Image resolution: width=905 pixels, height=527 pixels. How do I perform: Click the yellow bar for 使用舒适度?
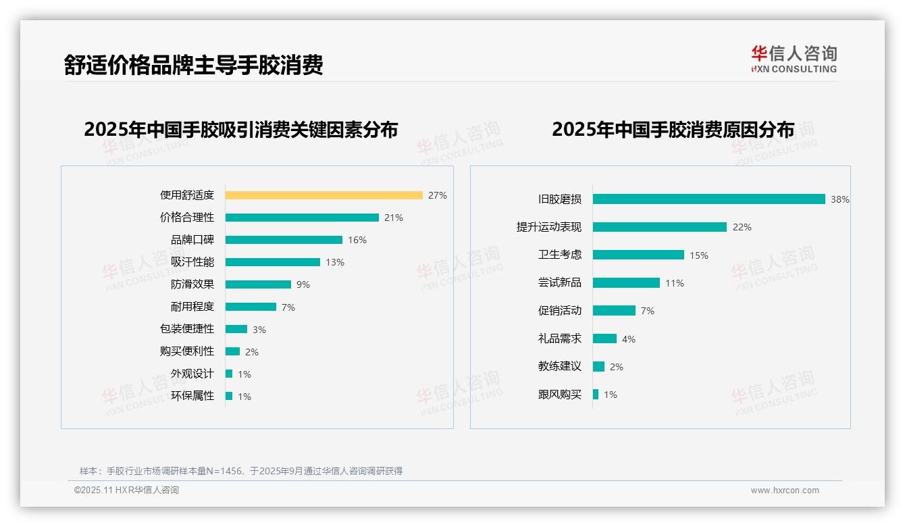point(324,195)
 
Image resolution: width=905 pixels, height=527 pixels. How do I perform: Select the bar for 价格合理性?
point(302,218)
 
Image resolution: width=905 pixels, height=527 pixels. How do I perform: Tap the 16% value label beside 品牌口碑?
point(357,240)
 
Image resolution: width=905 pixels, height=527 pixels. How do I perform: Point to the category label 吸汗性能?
point(192,262)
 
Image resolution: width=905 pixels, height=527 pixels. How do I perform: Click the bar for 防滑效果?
point(258,284)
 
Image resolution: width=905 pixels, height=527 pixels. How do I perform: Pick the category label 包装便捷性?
point(186,329)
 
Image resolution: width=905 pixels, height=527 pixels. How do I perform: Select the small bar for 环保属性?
point(229,396)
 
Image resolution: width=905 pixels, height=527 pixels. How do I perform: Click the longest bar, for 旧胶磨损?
point(708,199)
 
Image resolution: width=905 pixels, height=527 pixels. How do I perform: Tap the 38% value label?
point(839,200)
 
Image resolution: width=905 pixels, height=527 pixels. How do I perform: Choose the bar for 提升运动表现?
point(659,227)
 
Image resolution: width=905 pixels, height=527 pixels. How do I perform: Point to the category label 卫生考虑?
point(559,255)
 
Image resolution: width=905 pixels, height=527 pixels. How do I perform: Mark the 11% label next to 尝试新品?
point(674,283)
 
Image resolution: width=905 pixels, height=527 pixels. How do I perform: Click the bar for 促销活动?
point(614,311)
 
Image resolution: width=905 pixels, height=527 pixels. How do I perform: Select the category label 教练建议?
point(559,366)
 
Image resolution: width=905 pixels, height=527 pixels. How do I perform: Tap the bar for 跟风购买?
point(596,395)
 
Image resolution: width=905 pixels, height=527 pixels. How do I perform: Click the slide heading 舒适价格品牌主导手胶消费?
point(194,65)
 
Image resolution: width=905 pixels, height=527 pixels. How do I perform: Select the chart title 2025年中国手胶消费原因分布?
point(673,130)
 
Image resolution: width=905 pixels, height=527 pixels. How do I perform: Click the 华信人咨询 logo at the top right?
point(794,59)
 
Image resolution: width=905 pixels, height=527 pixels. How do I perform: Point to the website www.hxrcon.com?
point(784,491)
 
